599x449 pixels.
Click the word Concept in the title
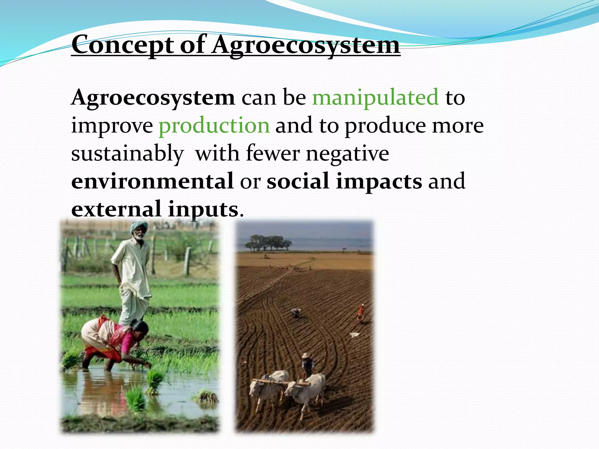point(123,45)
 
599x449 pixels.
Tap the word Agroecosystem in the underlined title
point(306,45)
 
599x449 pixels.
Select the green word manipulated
point(375,97)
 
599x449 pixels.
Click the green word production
point(214,125)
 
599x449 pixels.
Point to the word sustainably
point(128,153)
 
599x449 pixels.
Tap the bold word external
point(116,209)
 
